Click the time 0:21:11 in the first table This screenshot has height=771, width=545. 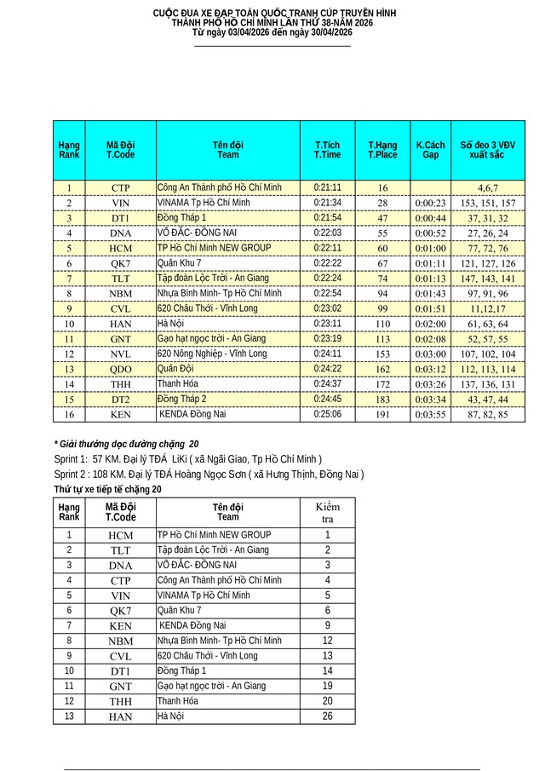pyautogui.click(x=328, y=187)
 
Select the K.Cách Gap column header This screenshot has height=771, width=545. pyautogui.click(x=431, y=150)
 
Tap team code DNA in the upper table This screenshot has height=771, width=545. pyautogui.click(x=121, y=233)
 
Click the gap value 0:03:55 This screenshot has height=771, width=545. pyautogui.click(x=431, y=414)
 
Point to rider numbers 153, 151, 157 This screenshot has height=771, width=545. pyautogui.click(x=488, y=203)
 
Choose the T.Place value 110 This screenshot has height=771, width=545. pyautogui.click(x=382, y=324)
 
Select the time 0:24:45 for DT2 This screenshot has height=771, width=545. pyautogui.click(x=328, y=399)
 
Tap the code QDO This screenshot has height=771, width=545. pyautogui.click(x=121, y=369)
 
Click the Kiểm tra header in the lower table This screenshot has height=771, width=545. pyautogui.click(x=327, y=512)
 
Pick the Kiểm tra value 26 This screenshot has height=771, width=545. pyautogui.click(x=327, y=716)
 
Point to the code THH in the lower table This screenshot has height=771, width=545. pyautogui.click(x=121, y=701)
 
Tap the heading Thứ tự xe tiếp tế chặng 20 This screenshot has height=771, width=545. pyautogui.click(x=107, y=489)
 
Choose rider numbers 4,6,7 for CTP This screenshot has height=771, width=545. pyautogui.click(x=487, y=187)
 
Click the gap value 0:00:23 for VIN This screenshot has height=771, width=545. pyautogui.click(x=431, y=203)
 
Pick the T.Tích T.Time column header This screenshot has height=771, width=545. pyautogui.click(x=328, y=150)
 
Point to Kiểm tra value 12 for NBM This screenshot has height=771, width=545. pyautogui.click(x=327, y=641)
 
